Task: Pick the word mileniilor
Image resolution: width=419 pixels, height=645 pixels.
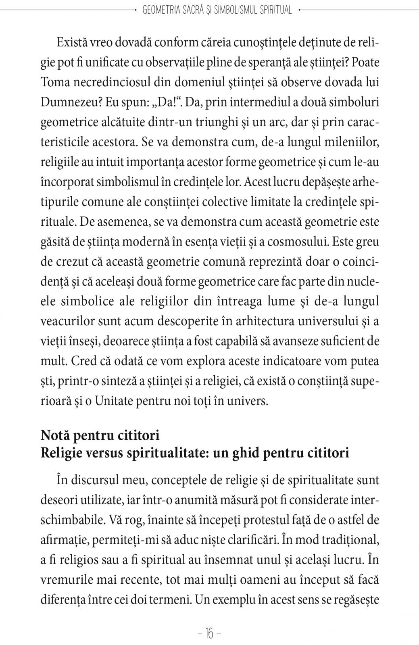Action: (347, 142)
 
